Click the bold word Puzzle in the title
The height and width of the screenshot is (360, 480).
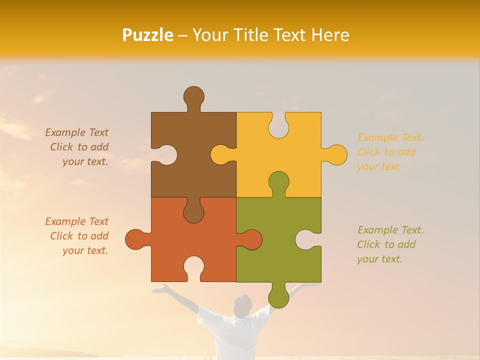coord(148,35)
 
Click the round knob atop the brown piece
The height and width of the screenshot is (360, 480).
coord(193,96)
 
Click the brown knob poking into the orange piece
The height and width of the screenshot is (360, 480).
coord(193,213)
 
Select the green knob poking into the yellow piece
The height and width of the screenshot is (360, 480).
coord(278,181)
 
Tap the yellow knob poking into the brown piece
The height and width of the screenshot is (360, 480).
coord(220,154)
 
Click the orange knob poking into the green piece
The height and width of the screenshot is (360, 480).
coord(252,239)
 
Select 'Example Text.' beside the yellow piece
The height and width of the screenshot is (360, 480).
coord(390,137)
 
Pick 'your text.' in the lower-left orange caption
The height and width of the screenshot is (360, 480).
coord(85,250)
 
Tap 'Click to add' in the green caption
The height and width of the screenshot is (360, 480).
coord(386,244)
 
